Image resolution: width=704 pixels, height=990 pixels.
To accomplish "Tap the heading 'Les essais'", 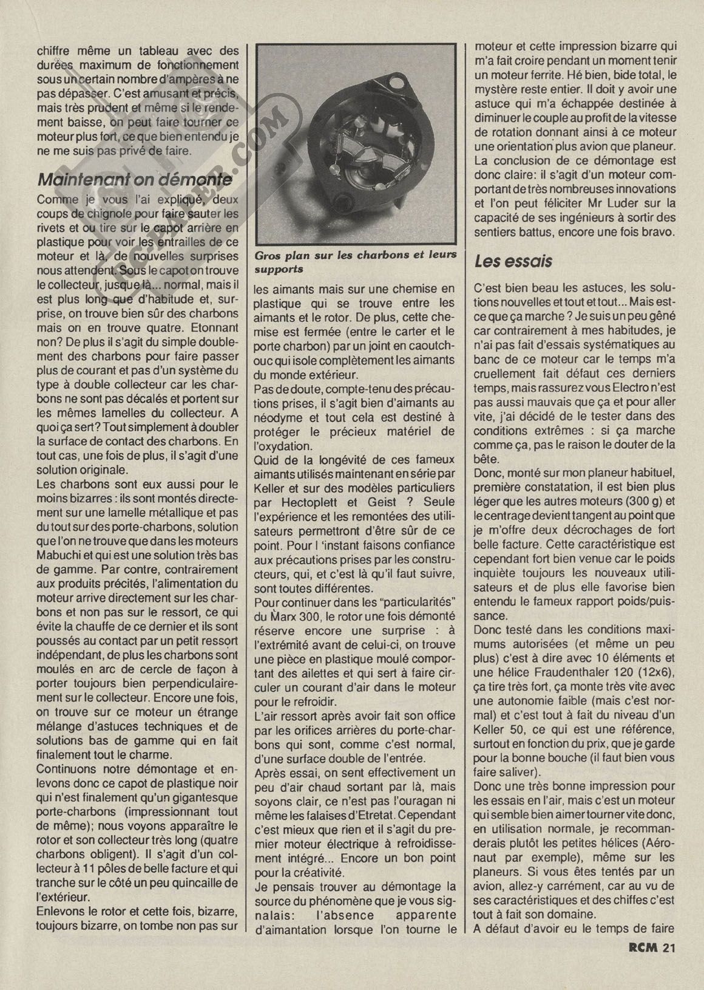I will tap(513, 261).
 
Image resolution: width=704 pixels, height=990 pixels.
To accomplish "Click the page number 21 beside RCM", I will tap(669, 964).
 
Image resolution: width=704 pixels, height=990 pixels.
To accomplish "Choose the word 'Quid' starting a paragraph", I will tap(267, 459).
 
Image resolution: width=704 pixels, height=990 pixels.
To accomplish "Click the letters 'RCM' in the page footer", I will tap(638, 964).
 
